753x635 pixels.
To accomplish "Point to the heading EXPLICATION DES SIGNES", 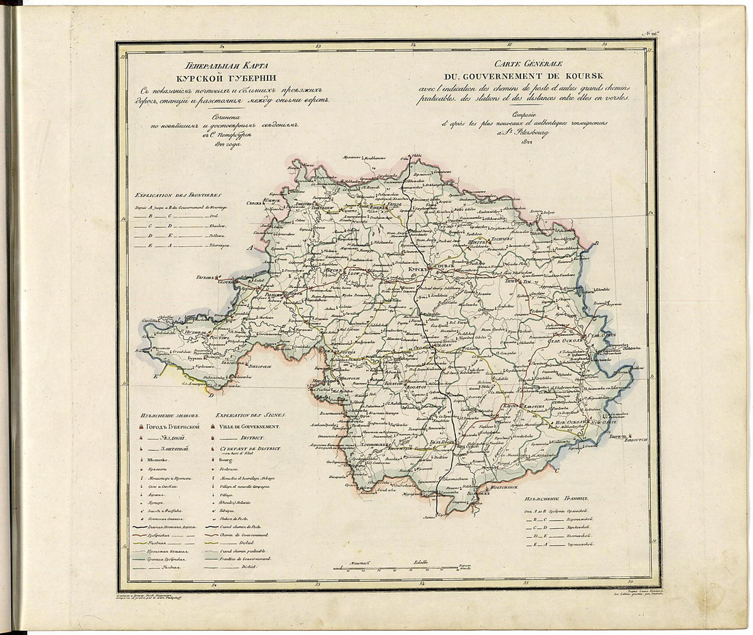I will [251, 415].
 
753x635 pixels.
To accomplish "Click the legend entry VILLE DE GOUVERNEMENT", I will [253, 426].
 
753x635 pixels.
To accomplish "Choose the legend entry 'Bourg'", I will [227, 461].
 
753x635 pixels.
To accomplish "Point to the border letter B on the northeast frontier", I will [596, 243].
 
